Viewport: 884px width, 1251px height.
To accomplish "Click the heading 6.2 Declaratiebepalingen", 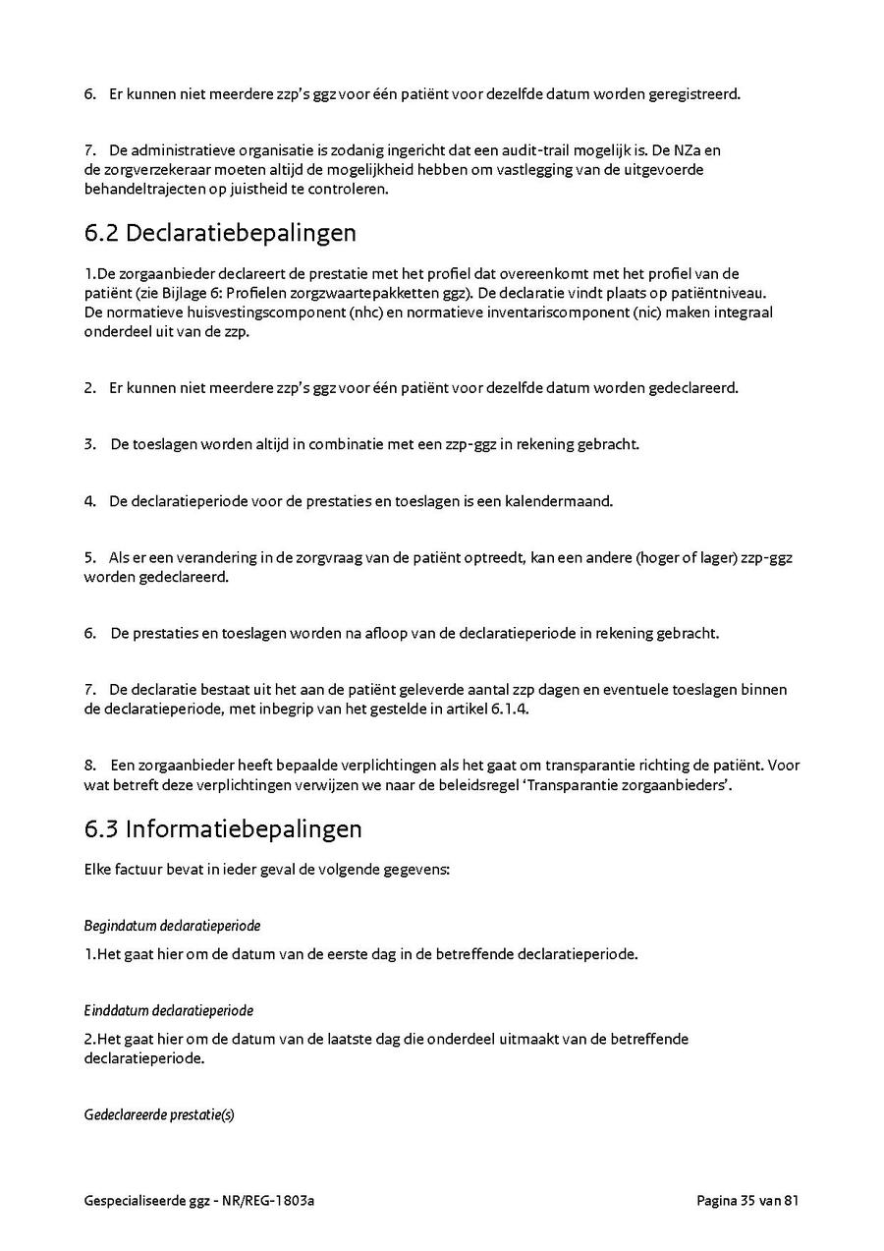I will (220, 234).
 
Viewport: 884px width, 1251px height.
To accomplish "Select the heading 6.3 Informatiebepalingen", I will (223, 828).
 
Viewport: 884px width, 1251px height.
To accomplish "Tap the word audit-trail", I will (532, 150).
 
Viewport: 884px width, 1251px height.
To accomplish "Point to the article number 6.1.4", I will (509, 710).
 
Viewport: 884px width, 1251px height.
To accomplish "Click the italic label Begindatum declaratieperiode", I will (172, 926).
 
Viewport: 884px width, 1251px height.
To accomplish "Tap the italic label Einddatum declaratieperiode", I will (169, 1010).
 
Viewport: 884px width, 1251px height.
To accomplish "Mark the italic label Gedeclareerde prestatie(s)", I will (159, 1115).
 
